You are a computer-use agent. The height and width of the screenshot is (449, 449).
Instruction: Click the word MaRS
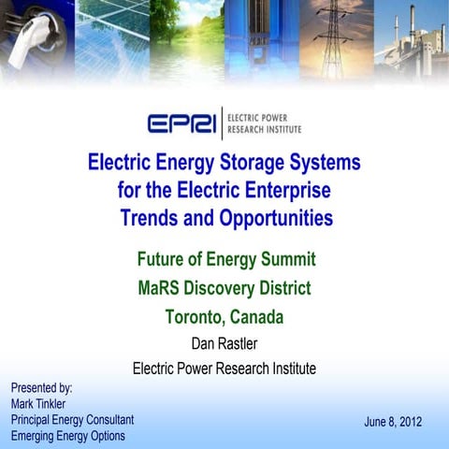pyautogui.click(x=162, y=288)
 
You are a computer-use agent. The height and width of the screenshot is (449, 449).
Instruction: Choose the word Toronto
pyautogui.click(x=196, y=317)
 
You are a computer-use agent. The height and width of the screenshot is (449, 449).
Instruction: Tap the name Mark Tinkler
pyautogui.click(x=43, y=403)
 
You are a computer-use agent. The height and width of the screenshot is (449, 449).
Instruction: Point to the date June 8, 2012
pyautogui.click(x=393, y=422)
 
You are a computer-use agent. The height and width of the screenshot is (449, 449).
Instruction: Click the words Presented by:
pyautogui.click(x=41, y=386)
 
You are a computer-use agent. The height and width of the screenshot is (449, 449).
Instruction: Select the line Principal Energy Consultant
pyautogui.click(x=72, y=420)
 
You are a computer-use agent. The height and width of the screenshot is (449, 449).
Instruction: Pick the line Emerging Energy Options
pyautogui.click(x=67, y=436)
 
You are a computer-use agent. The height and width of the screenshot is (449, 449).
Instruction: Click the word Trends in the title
pyautogui.click(x=153, y=220)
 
